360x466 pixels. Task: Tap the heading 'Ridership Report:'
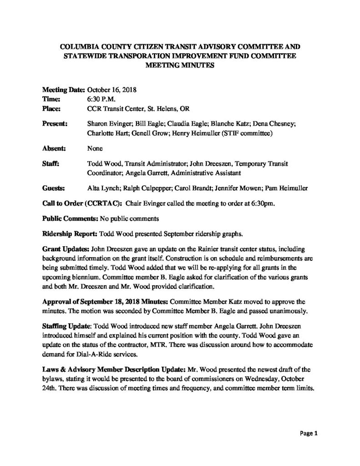coord(69,234)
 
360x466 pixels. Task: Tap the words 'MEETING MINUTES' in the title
coord(180,65)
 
